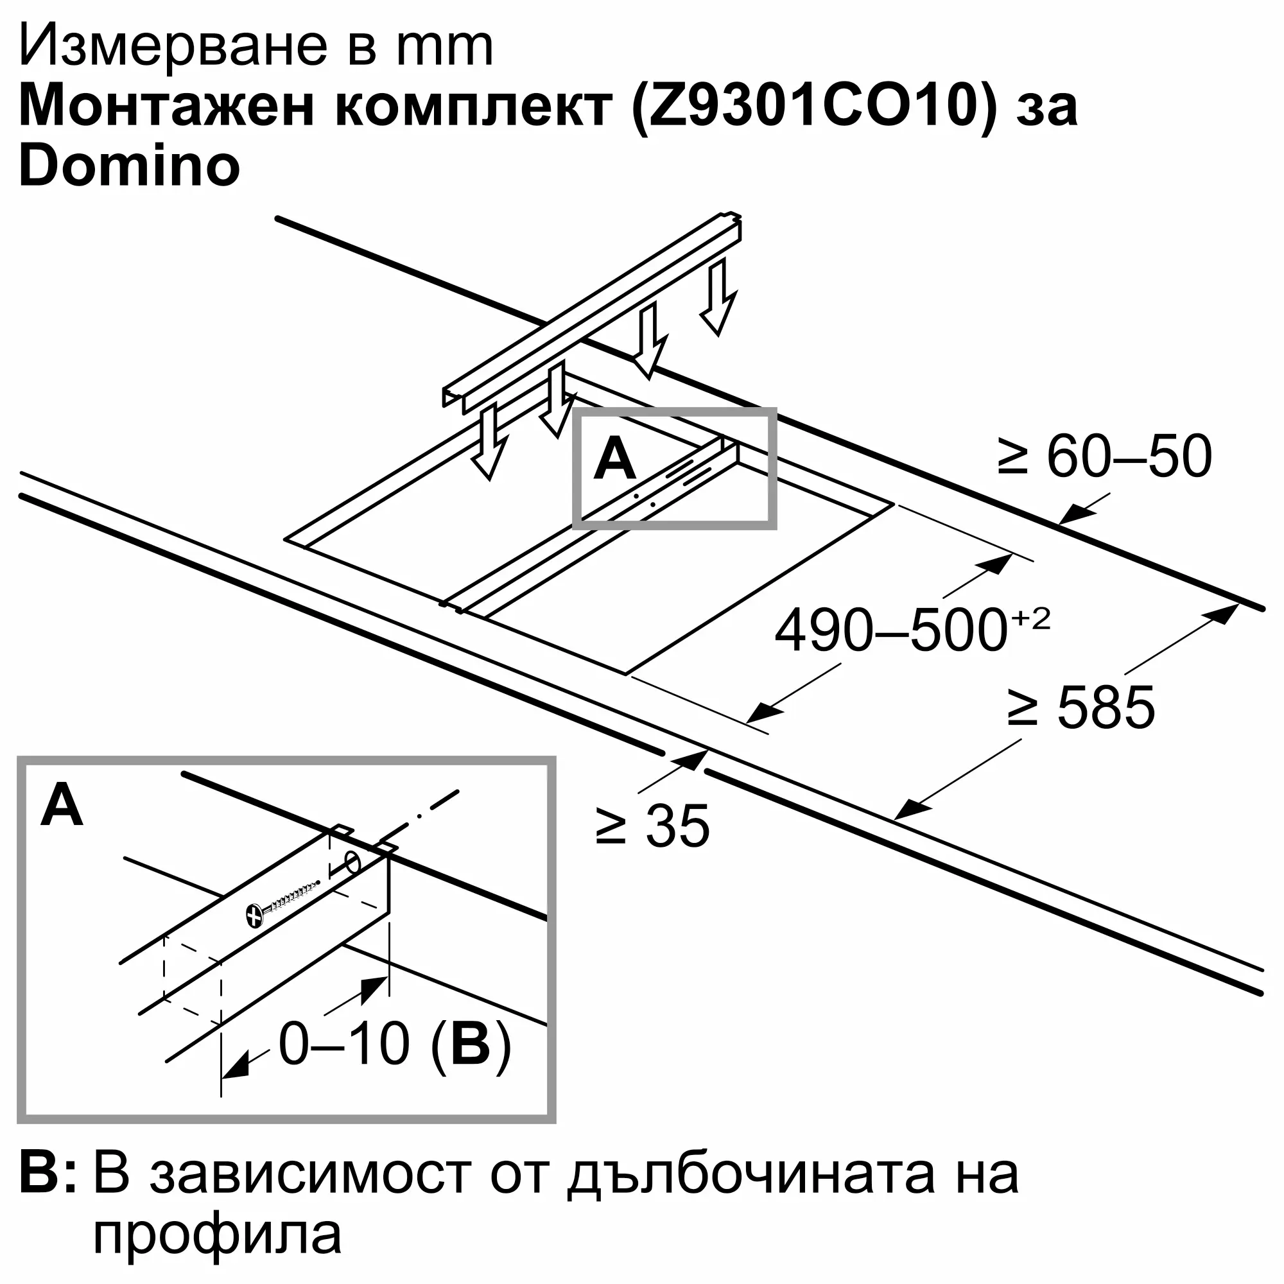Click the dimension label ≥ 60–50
[x=1104, y=456]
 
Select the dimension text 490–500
[x=890, y=630]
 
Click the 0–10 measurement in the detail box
[x=343, y=1044]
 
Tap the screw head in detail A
[x=254, y=915]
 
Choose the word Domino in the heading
[x=130, y=166]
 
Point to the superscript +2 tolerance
[x=1031, y=620]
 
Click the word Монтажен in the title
[x=166, y=107]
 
